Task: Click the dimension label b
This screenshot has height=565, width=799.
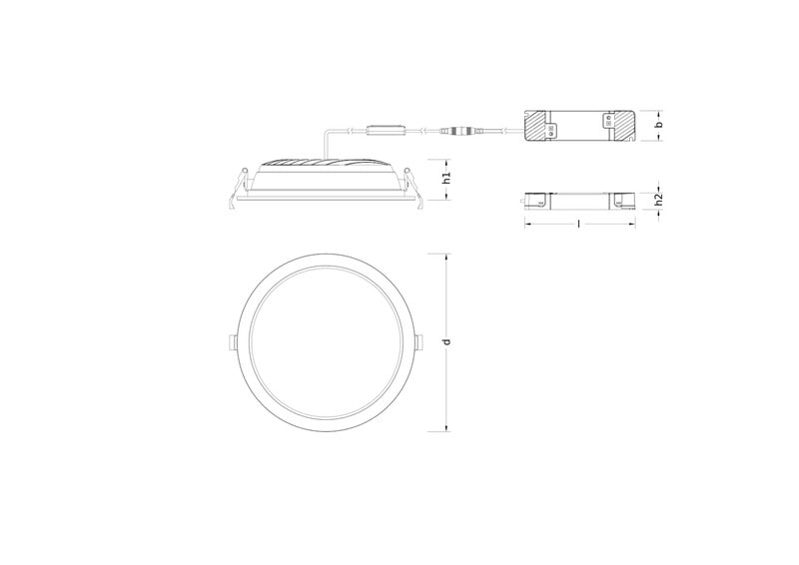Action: [x=660, y=125]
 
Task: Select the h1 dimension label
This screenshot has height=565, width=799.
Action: [x=446, y=178]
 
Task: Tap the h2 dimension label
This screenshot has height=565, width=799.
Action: [x=659, y=200]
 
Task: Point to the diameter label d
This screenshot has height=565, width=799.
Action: [x=446, y=341]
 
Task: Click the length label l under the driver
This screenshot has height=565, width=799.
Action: [x=579, y=224]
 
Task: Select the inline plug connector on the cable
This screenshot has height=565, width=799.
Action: [x=456, y=132]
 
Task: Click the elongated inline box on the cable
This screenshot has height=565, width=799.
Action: [x=388, y=131]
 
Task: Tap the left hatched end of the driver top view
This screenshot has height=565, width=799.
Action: [x=535, y=126]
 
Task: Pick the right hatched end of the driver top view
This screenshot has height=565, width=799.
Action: [x=623, y=126]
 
